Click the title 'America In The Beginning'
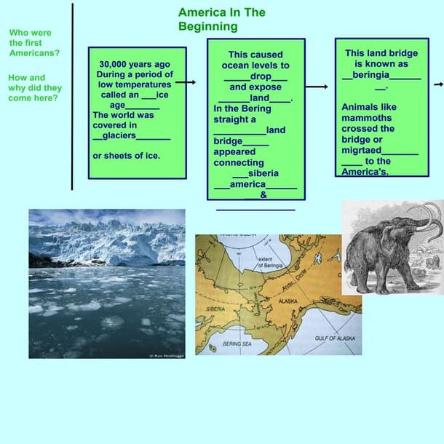pos(221,20)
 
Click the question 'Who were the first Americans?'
pos(34,43)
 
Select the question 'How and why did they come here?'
pos(34,87)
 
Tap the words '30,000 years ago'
pos(135,64)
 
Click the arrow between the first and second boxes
pos(186,82)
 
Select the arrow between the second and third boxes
pos(317,87)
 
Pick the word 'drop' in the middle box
pos(261,76)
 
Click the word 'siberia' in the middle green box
pos(263,174)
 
